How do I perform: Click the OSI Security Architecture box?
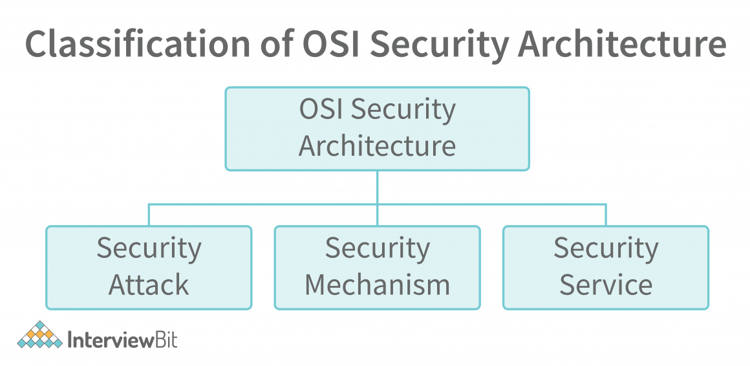point(377,129)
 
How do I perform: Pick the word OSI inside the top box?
point(321,110)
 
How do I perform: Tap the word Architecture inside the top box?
point(377,145)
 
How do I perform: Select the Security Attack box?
point(149,267)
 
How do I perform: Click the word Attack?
point(149,285)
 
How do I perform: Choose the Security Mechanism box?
point(377,267)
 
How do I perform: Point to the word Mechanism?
point(377,285)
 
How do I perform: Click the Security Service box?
point(606,267)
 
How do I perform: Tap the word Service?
point(606,285)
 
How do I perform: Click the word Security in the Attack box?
point(149,249)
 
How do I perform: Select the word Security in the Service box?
point(606,249)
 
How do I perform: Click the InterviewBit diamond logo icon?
point(39,335)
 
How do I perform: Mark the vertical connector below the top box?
point(377,188)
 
